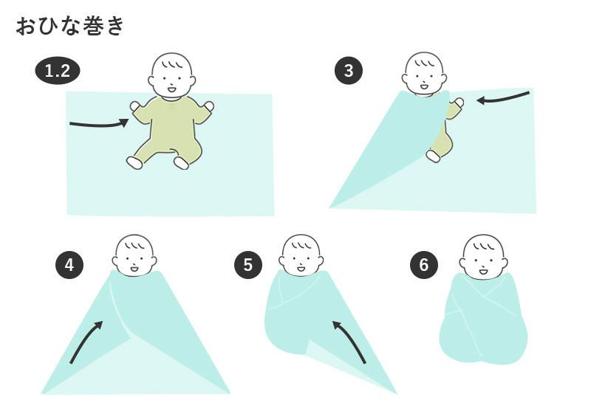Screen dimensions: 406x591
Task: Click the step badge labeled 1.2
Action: pyautogui.click(x=57, y=71)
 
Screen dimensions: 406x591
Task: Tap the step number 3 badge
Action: pyautogui.click(x=349, y=71)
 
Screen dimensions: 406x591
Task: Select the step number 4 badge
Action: pyautogui.click(x=69, y=265)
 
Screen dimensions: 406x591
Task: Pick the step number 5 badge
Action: pyautogui.click(x=248, y=265)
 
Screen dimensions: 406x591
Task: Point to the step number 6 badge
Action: pyautogui.click(x=423, y=265)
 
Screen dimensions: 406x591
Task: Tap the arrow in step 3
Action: pyautogui.click(x=502, y=97)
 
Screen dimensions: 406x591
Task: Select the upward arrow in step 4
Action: pyautogui.click(x=86, y=341)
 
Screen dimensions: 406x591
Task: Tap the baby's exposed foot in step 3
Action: pyautogui.click(x=434, y=156)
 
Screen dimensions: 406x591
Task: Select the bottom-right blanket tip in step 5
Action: pyautogui.click(x=395, y=392)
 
